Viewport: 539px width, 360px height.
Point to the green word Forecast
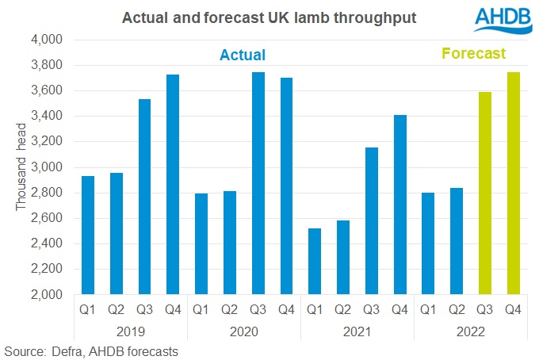point(474,55)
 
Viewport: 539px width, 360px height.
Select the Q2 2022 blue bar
point(457,241)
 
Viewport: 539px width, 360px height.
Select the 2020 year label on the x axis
point(243,328)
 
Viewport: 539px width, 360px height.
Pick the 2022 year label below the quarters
point(471,328)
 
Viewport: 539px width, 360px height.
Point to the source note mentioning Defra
point(92,350)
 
